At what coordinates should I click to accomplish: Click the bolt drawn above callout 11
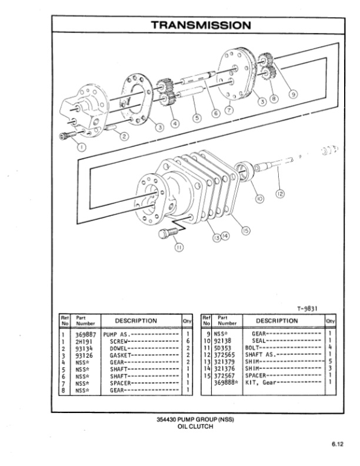click(167, 234)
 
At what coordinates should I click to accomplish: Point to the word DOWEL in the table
click(119, 347)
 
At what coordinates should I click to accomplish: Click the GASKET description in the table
click(121, 354)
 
